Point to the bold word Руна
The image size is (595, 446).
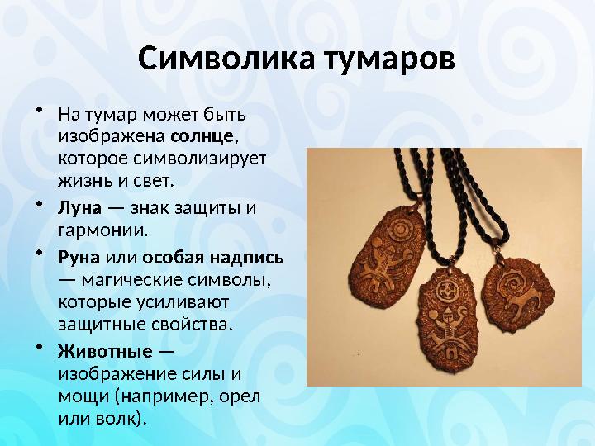pyautogui.click(x=79, y=257)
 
